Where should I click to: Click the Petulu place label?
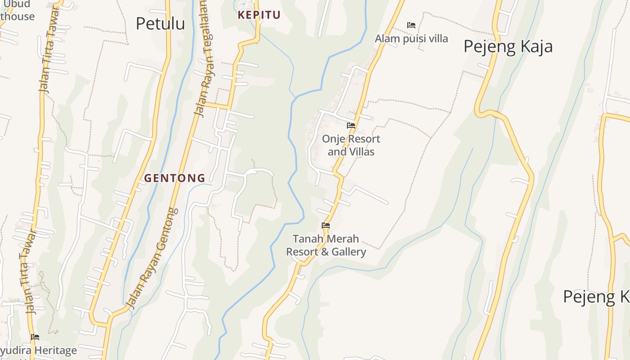[160, 24]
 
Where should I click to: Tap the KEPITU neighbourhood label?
[259, 15]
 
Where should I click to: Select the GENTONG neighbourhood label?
[175, 178]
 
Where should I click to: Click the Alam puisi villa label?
[411, 39]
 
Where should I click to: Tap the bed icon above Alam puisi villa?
[411, 25]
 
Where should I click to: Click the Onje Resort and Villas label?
[351, 145]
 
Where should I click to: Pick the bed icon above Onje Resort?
[351, 126]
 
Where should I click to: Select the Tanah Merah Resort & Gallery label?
[326, 245]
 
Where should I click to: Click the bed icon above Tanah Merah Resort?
[326, 225]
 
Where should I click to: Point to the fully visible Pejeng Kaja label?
[508, 46]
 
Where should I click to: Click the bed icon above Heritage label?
[35, 337]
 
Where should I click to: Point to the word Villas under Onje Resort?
[361, 152]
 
